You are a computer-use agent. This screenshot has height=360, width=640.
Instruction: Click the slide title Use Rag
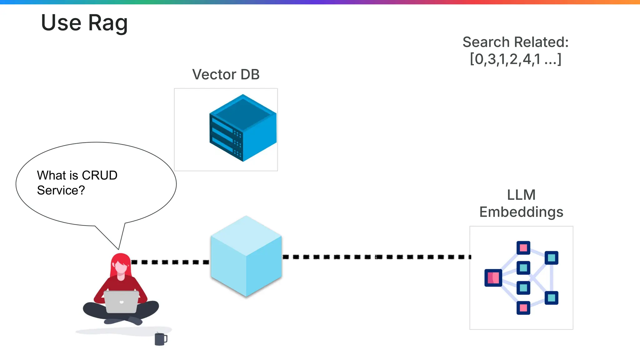[x=84, y=23]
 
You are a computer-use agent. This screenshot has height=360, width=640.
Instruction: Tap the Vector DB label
[x=226, y=74]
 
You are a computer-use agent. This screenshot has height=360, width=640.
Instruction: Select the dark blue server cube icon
[x=243, y=128]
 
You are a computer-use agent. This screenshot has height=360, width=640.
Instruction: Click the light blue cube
[x=246, y=256]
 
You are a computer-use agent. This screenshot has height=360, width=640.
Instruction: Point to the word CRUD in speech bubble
[x=99, y=175]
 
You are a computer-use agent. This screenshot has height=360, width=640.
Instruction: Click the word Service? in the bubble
[x=61, y=190]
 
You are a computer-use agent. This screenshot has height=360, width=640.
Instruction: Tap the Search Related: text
[x=515, y=42]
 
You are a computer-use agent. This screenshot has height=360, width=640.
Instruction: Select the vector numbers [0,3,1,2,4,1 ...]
[x=515, y=59]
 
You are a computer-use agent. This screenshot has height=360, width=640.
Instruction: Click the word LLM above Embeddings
[x=521, y=195]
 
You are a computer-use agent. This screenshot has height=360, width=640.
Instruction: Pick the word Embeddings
[x=521, y=212]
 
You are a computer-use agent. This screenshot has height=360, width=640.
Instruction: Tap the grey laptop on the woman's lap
[x=121, y=302]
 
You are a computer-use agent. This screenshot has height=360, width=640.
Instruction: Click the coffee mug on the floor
[x=161, y=339]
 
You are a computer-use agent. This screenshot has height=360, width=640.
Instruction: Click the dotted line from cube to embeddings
[x=375, y=257]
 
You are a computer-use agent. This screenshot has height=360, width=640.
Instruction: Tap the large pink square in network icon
[x=493, y=277]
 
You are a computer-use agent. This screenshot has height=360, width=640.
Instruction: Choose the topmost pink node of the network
[x=523, y=248]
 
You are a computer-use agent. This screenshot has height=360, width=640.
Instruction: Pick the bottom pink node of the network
[x=523, y=308]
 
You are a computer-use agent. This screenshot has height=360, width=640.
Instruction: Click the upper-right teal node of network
[x=551, y=258]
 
